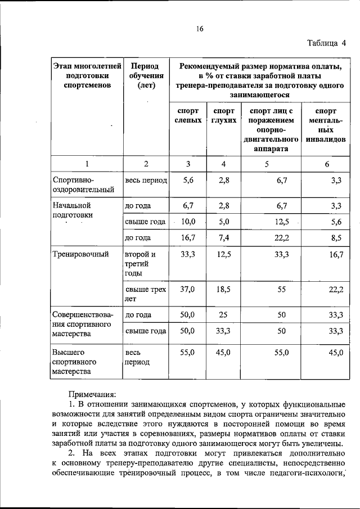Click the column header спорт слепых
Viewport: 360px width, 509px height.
coord(188,116)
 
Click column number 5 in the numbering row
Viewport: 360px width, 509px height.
coord(267,164)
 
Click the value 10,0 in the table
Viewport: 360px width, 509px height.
coord(188,222)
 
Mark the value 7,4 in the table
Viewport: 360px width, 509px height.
coord(223,238)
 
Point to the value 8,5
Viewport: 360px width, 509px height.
coord(337,238)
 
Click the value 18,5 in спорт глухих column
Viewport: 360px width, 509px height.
coord(223,290)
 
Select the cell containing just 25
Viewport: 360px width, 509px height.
coord(223,314)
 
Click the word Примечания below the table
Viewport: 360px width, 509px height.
coord(92,395)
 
